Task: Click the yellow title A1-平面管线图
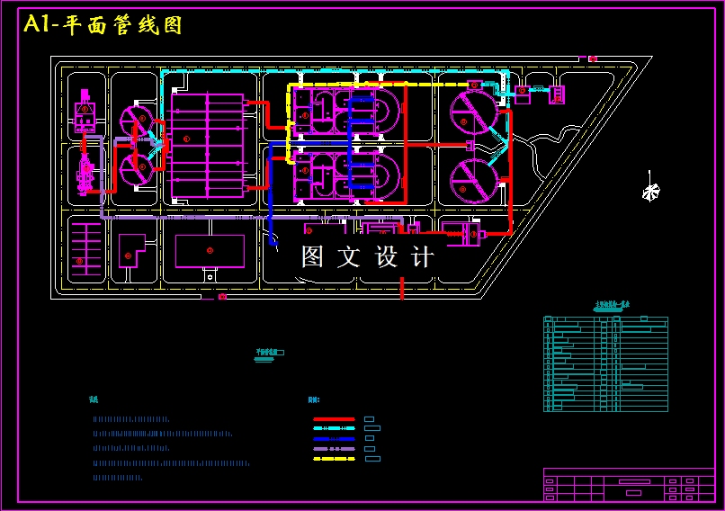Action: (103, 25)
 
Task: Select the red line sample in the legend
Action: (334, 419)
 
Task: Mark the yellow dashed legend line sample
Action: (334, 459)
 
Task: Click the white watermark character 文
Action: (348, 257)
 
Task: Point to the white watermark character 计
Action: (422, 257)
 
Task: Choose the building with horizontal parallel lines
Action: (86, 243)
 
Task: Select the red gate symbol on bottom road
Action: (222, 296)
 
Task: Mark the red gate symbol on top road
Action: (593, 59)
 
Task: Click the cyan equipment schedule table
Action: (605, 363)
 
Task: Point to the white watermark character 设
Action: (386, 257)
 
